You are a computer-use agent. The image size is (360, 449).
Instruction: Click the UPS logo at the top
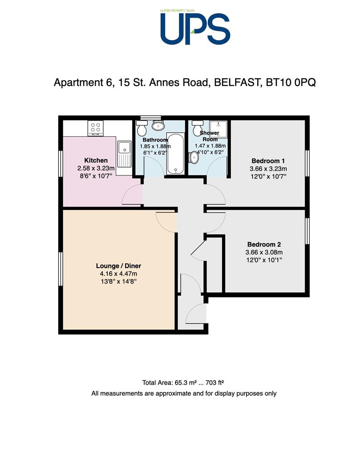tap(195, 27)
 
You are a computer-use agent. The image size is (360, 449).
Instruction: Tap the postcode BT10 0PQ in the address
tap(291, 82)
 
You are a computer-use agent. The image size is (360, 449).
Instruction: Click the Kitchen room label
tap(96, 160)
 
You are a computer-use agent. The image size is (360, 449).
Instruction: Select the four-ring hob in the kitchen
tap(95, 128)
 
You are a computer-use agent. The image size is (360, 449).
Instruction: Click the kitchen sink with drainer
tap(124, 154)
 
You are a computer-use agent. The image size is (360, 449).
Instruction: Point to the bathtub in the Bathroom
tap(175, 153)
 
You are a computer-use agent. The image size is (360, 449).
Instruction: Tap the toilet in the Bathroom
tap(142, 128)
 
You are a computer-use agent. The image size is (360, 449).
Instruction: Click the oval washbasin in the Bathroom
tap(158, 125)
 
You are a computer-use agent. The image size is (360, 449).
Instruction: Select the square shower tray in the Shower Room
tap(218, 129)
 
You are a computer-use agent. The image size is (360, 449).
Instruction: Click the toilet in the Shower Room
tap(198, 128)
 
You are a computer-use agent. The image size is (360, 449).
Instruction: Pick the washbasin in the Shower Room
tap(194, 158)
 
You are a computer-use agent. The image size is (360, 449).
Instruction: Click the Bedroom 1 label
tap(268, 161)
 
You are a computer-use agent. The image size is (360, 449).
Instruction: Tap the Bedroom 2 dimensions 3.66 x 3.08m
tap(264, 252)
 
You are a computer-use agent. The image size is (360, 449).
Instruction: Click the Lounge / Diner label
tap(118, 266)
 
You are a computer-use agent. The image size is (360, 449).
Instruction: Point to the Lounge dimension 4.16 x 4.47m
tap(118, 274)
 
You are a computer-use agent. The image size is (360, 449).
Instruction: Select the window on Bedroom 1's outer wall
tap(307, 163)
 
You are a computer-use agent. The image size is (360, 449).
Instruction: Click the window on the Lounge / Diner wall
tap(60, 269)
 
